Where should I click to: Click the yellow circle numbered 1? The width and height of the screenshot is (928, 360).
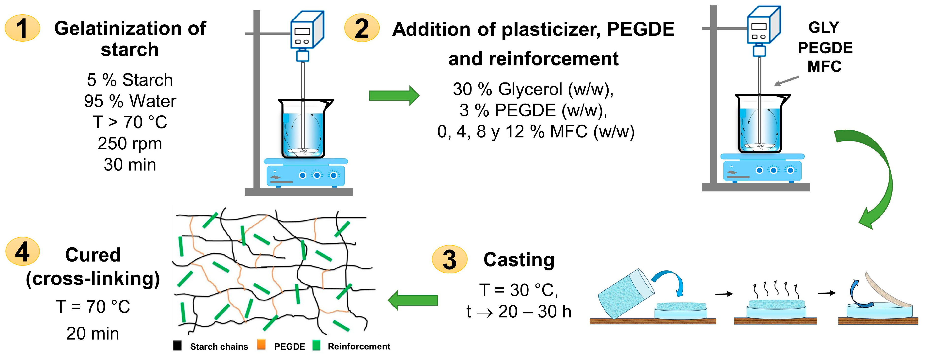22,28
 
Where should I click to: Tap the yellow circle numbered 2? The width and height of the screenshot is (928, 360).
362,28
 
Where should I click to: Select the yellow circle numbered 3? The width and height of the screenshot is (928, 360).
449,259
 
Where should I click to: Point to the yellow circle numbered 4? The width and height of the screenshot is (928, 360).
22,251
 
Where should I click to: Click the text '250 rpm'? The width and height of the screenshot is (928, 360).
130,143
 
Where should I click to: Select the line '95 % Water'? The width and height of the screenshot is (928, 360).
130,101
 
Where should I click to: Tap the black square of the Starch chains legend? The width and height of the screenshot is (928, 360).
177,345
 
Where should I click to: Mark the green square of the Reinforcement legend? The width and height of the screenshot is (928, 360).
316,345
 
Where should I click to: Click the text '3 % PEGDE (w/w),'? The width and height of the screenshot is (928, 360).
533,110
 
